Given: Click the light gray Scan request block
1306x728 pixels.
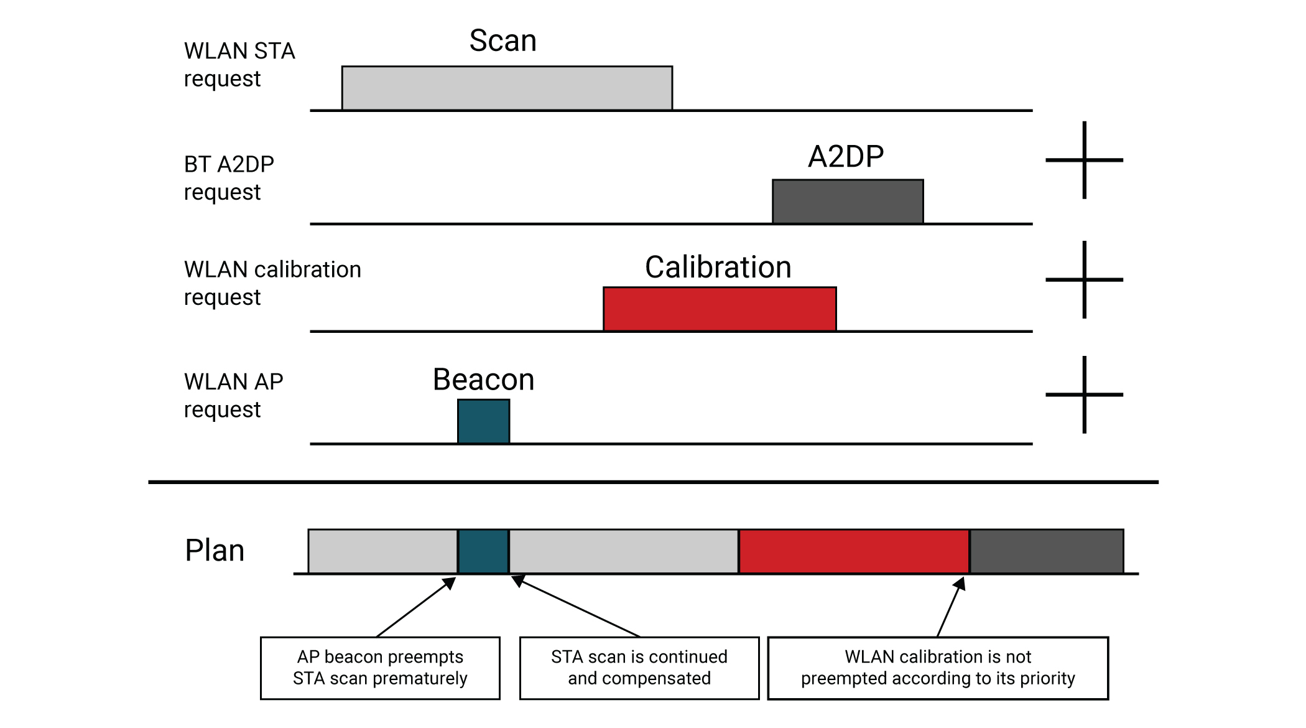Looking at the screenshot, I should click(x=507, y=88).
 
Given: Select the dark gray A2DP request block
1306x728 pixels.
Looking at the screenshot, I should click(x=848, y=202).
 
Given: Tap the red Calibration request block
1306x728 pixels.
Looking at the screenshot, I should click(x=720, y=309).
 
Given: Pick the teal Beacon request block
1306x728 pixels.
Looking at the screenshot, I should click(x=484, y=421).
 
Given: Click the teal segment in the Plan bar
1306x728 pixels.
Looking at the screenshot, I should click(x=483, y=551).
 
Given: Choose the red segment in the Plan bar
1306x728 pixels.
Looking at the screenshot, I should click(x=854, y=551).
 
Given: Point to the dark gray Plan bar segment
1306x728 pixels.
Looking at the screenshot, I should click(x=1047, y=551).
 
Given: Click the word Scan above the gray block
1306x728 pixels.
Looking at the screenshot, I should click(x=502, y=41).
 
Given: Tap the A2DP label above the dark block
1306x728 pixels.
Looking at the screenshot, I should click(x=846, y=156).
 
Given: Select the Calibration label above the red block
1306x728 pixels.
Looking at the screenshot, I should click(x=718, y=268).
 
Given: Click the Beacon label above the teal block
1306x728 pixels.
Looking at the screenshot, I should click(x=483, y=380).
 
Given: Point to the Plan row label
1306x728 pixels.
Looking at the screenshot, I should click(x=215, y=551).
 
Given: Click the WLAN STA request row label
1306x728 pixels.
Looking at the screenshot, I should click(x=239, y=65).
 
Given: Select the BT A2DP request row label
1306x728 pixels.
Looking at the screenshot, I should click(x=229, y=178).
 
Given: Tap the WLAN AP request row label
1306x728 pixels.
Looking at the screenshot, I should click(x=233, y=395).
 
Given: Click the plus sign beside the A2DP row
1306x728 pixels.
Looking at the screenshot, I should click(x=1084, y=160).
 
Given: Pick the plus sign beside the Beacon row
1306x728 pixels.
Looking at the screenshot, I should click(x=1084, y=394).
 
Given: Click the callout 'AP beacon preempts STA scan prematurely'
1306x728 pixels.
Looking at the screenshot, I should click(x=380, y=668).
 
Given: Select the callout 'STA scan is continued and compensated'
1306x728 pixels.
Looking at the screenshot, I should click(x=639, y=668).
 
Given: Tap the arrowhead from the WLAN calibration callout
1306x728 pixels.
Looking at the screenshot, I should click(x=960, y=584).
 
